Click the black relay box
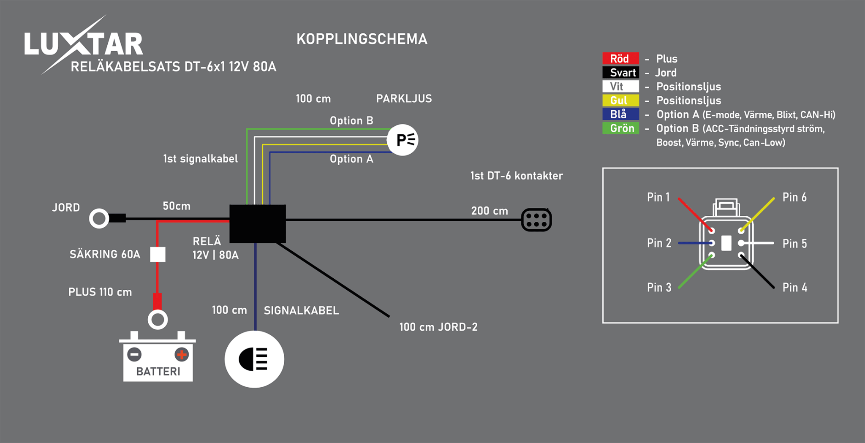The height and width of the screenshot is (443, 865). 258,224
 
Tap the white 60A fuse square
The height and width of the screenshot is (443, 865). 158,254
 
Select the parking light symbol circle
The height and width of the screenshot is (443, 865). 403,140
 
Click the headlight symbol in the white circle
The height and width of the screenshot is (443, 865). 254,359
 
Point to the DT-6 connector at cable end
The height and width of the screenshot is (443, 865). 536,220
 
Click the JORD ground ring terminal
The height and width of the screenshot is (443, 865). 99,218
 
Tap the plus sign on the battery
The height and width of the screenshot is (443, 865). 182,354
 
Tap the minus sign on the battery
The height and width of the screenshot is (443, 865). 135,354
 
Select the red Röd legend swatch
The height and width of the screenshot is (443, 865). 620,59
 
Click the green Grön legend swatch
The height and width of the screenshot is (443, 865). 620,128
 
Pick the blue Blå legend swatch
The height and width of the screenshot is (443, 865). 620,114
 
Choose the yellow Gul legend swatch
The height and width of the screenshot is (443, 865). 620,100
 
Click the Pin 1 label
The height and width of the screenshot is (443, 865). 658,197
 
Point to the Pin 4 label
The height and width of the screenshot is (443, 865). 794,288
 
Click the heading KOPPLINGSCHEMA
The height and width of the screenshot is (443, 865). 362,39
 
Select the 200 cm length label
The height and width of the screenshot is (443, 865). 490,211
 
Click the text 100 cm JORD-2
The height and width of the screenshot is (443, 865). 438,327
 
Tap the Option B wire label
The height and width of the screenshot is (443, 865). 351,121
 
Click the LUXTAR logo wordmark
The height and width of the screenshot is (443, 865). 84,44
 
